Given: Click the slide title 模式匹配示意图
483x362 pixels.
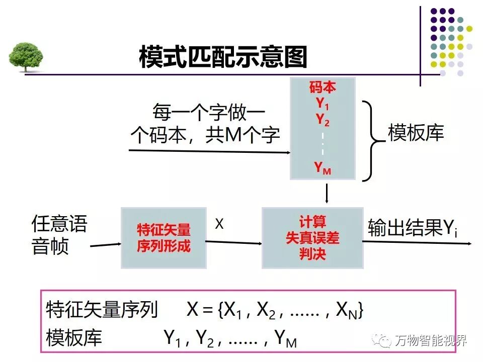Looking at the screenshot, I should coord(222,57).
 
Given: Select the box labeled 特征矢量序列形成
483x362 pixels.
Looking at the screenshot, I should coord(164,237).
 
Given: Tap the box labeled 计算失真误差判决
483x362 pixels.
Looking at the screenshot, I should coord(312,237).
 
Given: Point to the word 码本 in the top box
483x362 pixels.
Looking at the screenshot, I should coord(323,87).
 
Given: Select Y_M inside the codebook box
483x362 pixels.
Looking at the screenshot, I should coord(323,168).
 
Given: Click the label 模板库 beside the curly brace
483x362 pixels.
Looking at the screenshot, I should coord(416,133).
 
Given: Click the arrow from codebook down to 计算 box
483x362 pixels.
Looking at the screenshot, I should coord(327,193).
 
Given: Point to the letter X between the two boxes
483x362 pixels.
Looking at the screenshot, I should coord(219,224).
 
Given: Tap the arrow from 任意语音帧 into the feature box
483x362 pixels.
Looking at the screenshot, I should coord(106,245).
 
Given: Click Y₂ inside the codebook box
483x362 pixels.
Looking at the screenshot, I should coord(323,119).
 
